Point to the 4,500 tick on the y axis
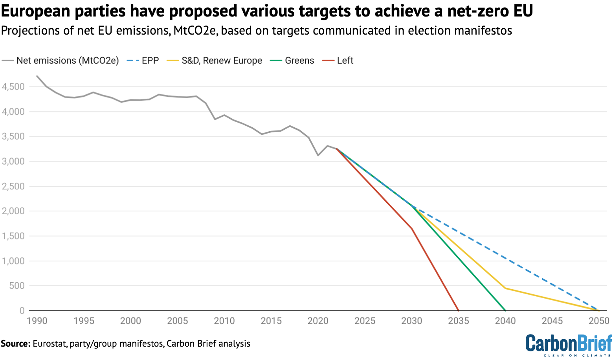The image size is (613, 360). (13, 87)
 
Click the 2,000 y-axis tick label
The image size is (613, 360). (13, 211)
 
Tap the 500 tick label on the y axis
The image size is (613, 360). (17, 286)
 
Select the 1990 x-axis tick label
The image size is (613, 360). (37, 321)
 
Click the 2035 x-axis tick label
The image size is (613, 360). (459, 321)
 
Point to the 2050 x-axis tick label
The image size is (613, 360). (599, 321)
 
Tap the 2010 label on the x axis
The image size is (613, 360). (224, 321)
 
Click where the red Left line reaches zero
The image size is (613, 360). (458, 310)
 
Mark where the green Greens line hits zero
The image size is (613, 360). (505, 310)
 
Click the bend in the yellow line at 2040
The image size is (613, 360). (505, 288)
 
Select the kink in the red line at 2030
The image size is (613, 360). (411, 228)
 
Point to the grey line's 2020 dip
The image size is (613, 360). (318, 155)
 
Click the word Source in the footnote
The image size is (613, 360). (15, 344)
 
